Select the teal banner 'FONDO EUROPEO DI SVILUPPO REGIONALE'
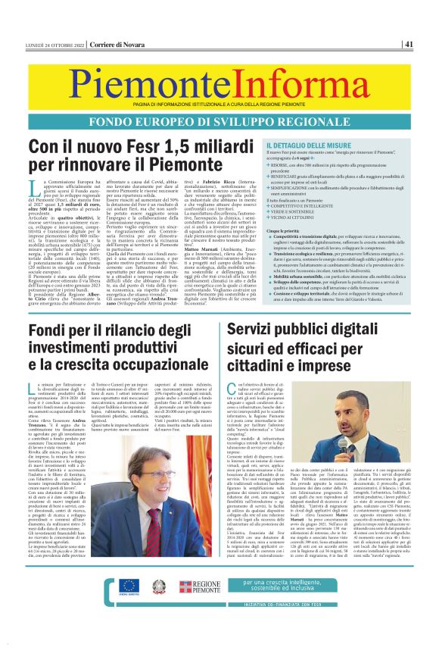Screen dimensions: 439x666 click(x=219, y=122)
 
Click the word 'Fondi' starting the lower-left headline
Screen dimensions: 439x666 click(x=52, y=331)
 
